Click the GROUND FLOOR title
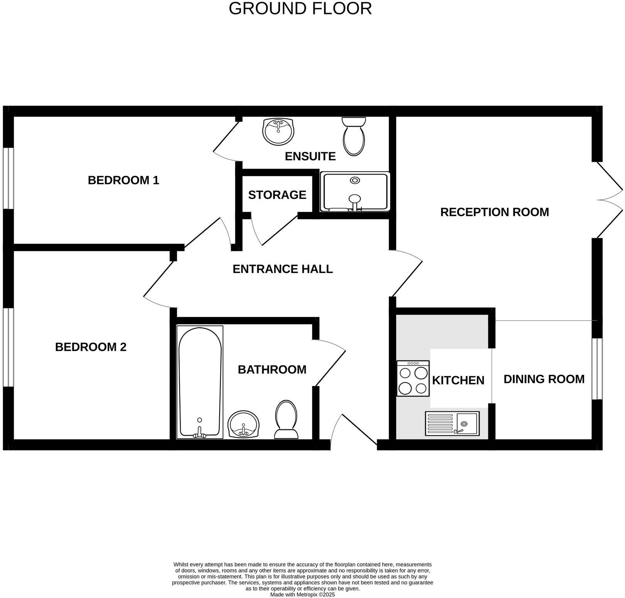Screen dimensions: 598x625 point(300,8)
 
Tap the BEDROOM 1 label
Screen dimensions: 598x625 point(124,180)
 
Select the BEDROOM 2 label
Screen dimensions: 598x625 point(91,347)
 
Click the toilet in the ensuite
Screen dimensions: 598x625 point(354,136)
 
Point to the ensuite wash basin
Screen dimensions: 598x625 point(278,132)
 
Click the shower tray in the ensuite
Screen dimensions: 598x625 point(355,192)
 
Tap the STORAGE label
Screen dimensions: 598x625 point(277,195)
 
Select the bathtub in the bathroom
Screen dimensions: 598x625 point(200,382)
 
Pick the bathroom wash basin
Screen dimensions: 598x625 point(244,424)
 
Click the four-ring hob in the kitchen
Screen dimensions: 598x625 point(413,379)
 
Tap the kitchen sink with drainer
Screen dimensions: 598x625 point(452,424)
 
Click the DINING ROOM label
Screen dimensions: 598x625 point(544,379)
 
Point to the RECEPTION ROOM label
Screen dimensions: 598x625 point(495,212)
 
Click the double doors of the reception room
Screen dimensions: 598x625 point(609,200)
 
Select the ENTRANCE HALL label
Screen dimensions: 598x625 point(283,269)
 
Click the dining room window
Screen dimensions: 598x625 point(597,369)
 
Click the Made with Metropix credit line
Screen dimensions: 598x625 point(302,595)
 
